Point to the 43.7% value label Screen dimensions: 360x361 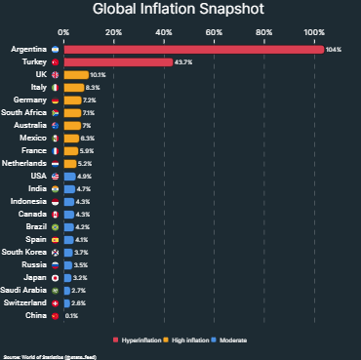(x=185, y=61)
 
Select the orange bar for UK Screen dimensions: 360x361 (x=75, y=74)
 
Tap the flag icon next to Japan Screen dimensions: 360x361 (x=56, y=277)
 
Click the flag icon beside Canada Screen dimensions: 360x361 (x=56, y=214)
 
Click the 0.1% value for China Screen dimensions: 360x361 (x=72, y=316)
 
